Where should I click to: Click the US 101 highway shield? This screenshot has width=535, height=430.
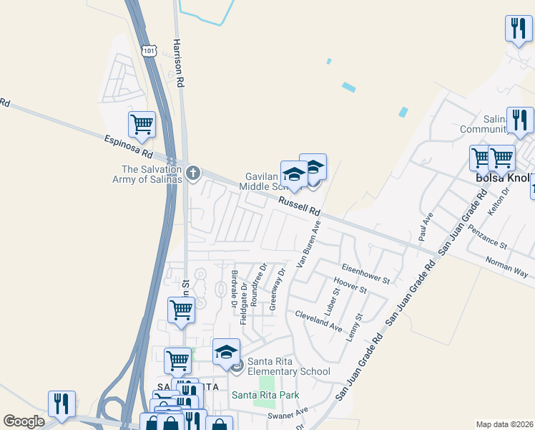coord(148,51)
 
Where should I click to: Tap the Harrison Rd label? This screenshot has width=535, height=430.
coord(179,63)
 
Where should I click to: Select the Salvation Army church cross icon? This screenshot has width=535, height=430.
coord(192,173)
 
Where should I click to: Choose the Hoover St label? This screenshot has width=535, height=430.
coord(350,286)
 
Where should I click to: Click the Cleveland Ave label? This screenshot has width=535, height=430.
coord(318,320)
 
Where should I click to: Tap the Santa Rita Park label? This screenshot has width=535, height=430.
coord(265,395)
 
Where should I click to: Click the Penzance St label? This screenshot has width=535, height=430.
coord(488,236)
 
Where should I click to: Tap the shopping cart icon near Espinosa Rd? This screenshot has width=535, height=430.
coord(142,124)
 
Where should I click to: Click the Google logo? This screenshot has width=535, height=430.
coord(24,421)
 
